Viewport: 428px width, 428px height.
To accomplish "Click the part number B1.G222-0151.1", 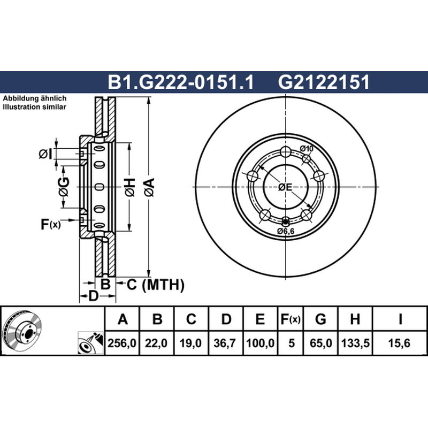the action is pyautogui.click(x=181, y=82).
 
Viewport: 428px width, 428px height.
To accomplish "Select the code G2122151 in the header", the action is pyautogui.click(x=324, y=82).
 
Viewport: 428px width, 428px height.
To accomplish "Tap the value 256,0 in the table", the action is pyautogui.click(x=122, y=343).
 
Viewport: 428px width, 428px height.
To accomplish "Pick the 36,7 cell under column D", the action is pyautogui.click(x=225, y=343).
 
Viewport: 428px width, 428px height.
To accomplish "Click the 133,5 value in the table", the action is pyautogui.click(x=355, y=343).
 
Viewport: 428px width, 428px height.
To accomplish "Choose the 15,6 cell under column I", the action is pyautogui.click(x=400, y=343).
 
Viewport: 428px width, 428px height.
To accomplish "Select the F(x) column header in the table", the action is pyautogui.click(x=291, y=319).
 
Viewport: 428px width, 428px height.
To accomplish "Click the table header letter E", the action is pyautogui.click(x=260, y=319).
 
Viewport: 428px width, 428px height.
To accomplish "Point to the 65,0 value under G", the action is pyautogui.click(x=320, y=343).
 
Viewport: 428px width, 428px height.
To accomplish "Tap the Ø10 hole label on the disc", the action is pyautogui.click(x=307, y=149).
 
